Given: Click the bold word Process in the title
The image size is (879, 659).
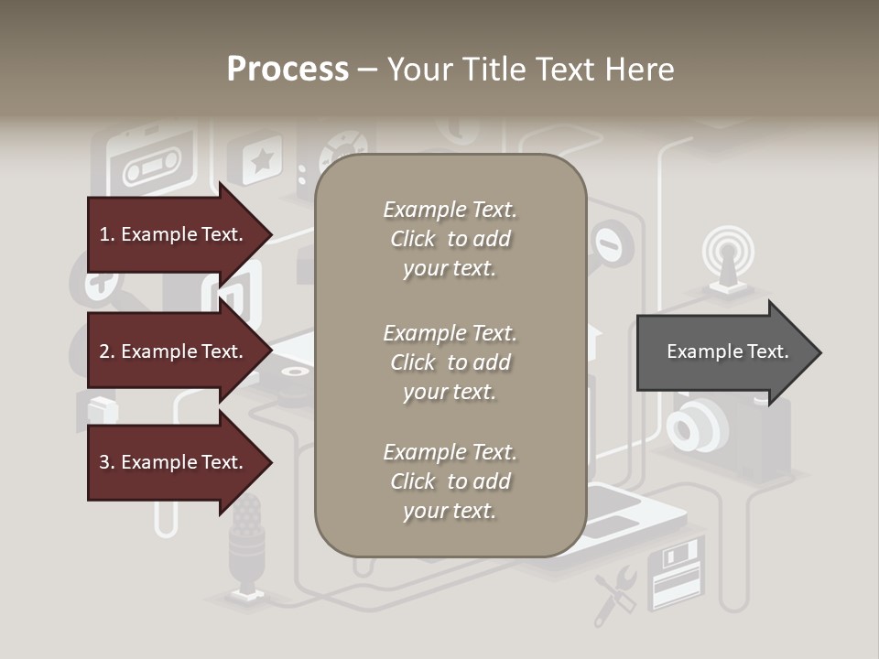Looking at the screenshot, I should [288, 69].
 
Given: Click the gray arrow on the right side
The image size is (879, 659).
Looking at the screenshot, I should [728, 351].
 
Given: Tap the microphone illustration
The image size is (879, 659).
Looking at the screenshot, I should [245, 545].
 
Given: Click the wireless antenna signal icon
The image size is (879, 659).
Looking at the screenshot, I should [728, 252].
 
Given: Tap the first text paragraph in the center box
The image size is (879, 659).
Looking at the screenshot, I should [450, 239].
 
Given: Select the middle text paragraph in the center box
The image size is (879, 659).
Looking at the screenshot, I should [450, 362].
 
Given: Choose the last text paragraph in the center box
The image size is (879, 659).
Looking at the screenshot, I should [450, 481].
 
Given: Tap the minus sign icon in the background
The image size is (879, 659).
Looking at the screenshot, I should [608, 243].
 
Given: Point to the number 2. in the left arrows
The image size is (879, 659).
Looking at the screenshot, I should [107, 351].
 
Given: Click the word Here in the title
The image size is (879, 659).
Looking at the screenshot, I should [637, 69].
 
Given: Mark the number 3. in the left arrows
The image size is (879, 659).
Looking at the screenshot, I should [107, 462].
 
